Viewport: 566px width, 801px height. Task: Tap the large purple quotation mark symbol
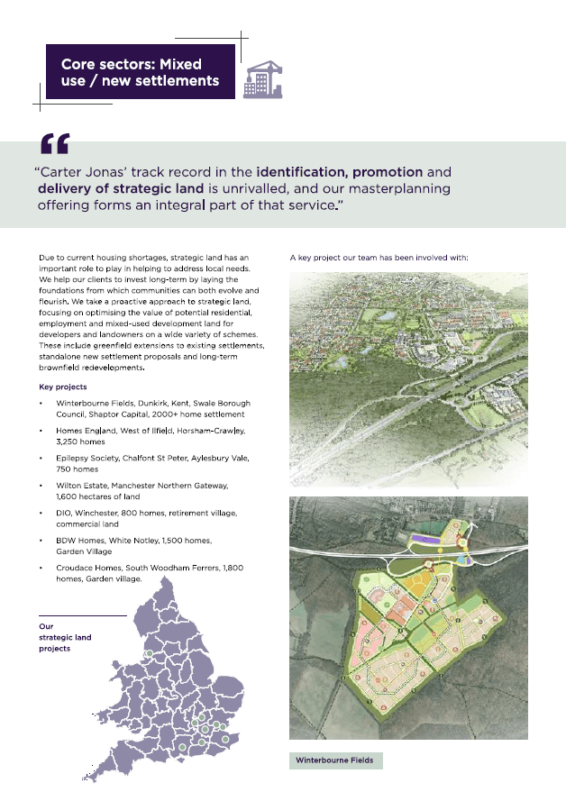point(54,144)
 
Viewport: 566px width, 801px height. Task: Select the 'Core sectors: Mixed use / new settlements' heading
point(140,72)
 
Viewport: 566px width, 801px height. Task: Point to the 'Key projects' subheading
point(63,387)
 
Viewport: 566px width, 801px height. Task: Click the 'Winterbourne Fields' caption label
point(334,760)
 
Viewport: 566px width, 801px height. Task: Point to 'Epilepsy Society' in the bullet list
point(88,458)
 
